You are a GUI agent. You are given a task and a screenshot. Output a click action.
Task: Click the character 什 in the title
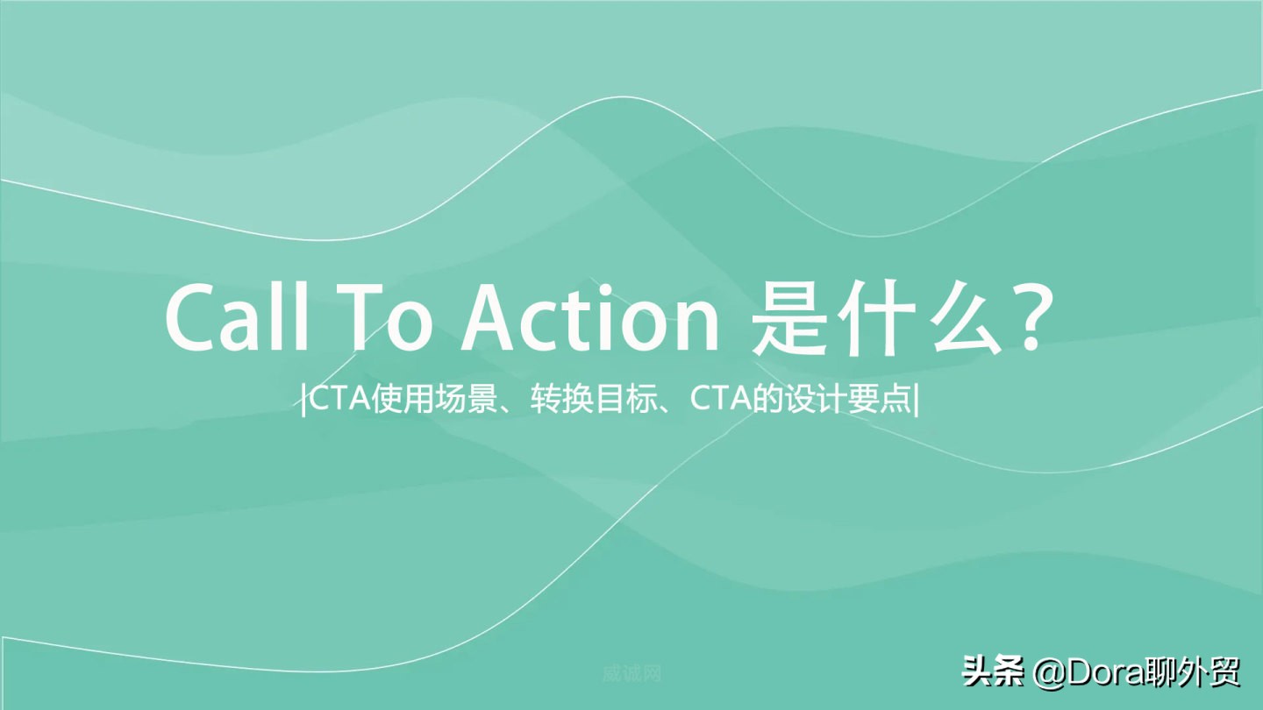tap(888, 316)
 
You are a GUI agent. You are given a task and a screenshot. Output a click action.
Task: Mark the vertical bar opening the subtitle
tap(303, 402)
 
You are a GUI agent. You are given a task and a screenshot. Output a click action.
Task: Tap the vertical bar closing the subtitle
tap(917, 402)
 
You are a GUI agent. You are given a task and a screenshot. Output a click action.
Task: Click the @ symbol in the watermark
tap(1049, 673)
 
